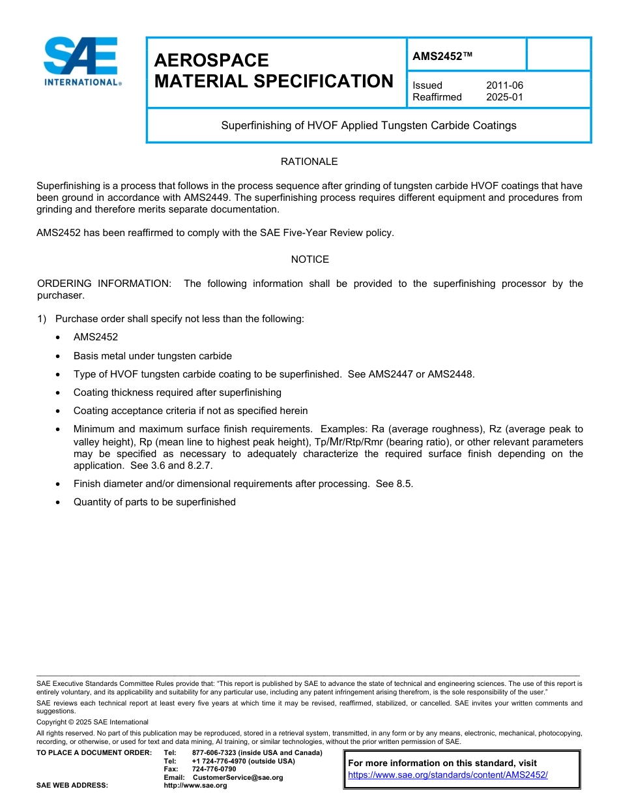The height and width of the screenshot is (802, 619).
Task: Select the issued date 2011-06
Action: pyautogui.click(x=504, y=85)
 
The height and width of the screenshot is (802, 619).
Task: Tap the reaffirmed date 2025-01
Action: pyautogui.click(x=504, y=97)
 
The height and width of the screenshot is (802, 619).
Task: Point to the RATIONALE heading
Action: pyautogui.click(x=309, y=162)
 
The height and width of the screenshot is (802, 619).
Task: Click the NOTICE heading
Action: pyautogui.click(x=309, y=260)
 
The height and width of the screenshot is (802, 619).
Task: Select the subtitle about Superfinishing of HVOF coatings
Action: pyautogui.click(x=368, y=125)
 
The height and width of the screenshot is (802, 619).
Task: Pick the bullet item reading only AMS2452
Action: pyautogui.click(x=95, y=337)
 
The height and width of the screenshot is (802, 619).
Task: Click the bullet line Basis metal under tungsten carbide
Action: pyautogui.click(x=152, y=356)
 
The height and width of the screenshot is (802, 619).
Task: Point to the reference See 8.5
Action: pyautogui.click(x=394, y=484)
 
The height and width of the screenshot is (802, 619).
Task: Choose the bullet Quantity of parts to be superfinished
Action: pyautogui.click(x=154, y=502)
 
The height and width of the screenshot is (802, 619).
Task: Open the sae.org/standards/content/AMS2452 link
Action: pyautogui.click(x=448, y=775)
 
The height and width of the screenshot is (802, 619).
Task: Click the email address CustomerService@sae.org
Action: pyautogui.click(x=238, y=777)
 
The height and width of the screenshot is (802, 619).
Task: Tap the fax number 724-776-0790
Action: pyautogui.click(x=214, y=769)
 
